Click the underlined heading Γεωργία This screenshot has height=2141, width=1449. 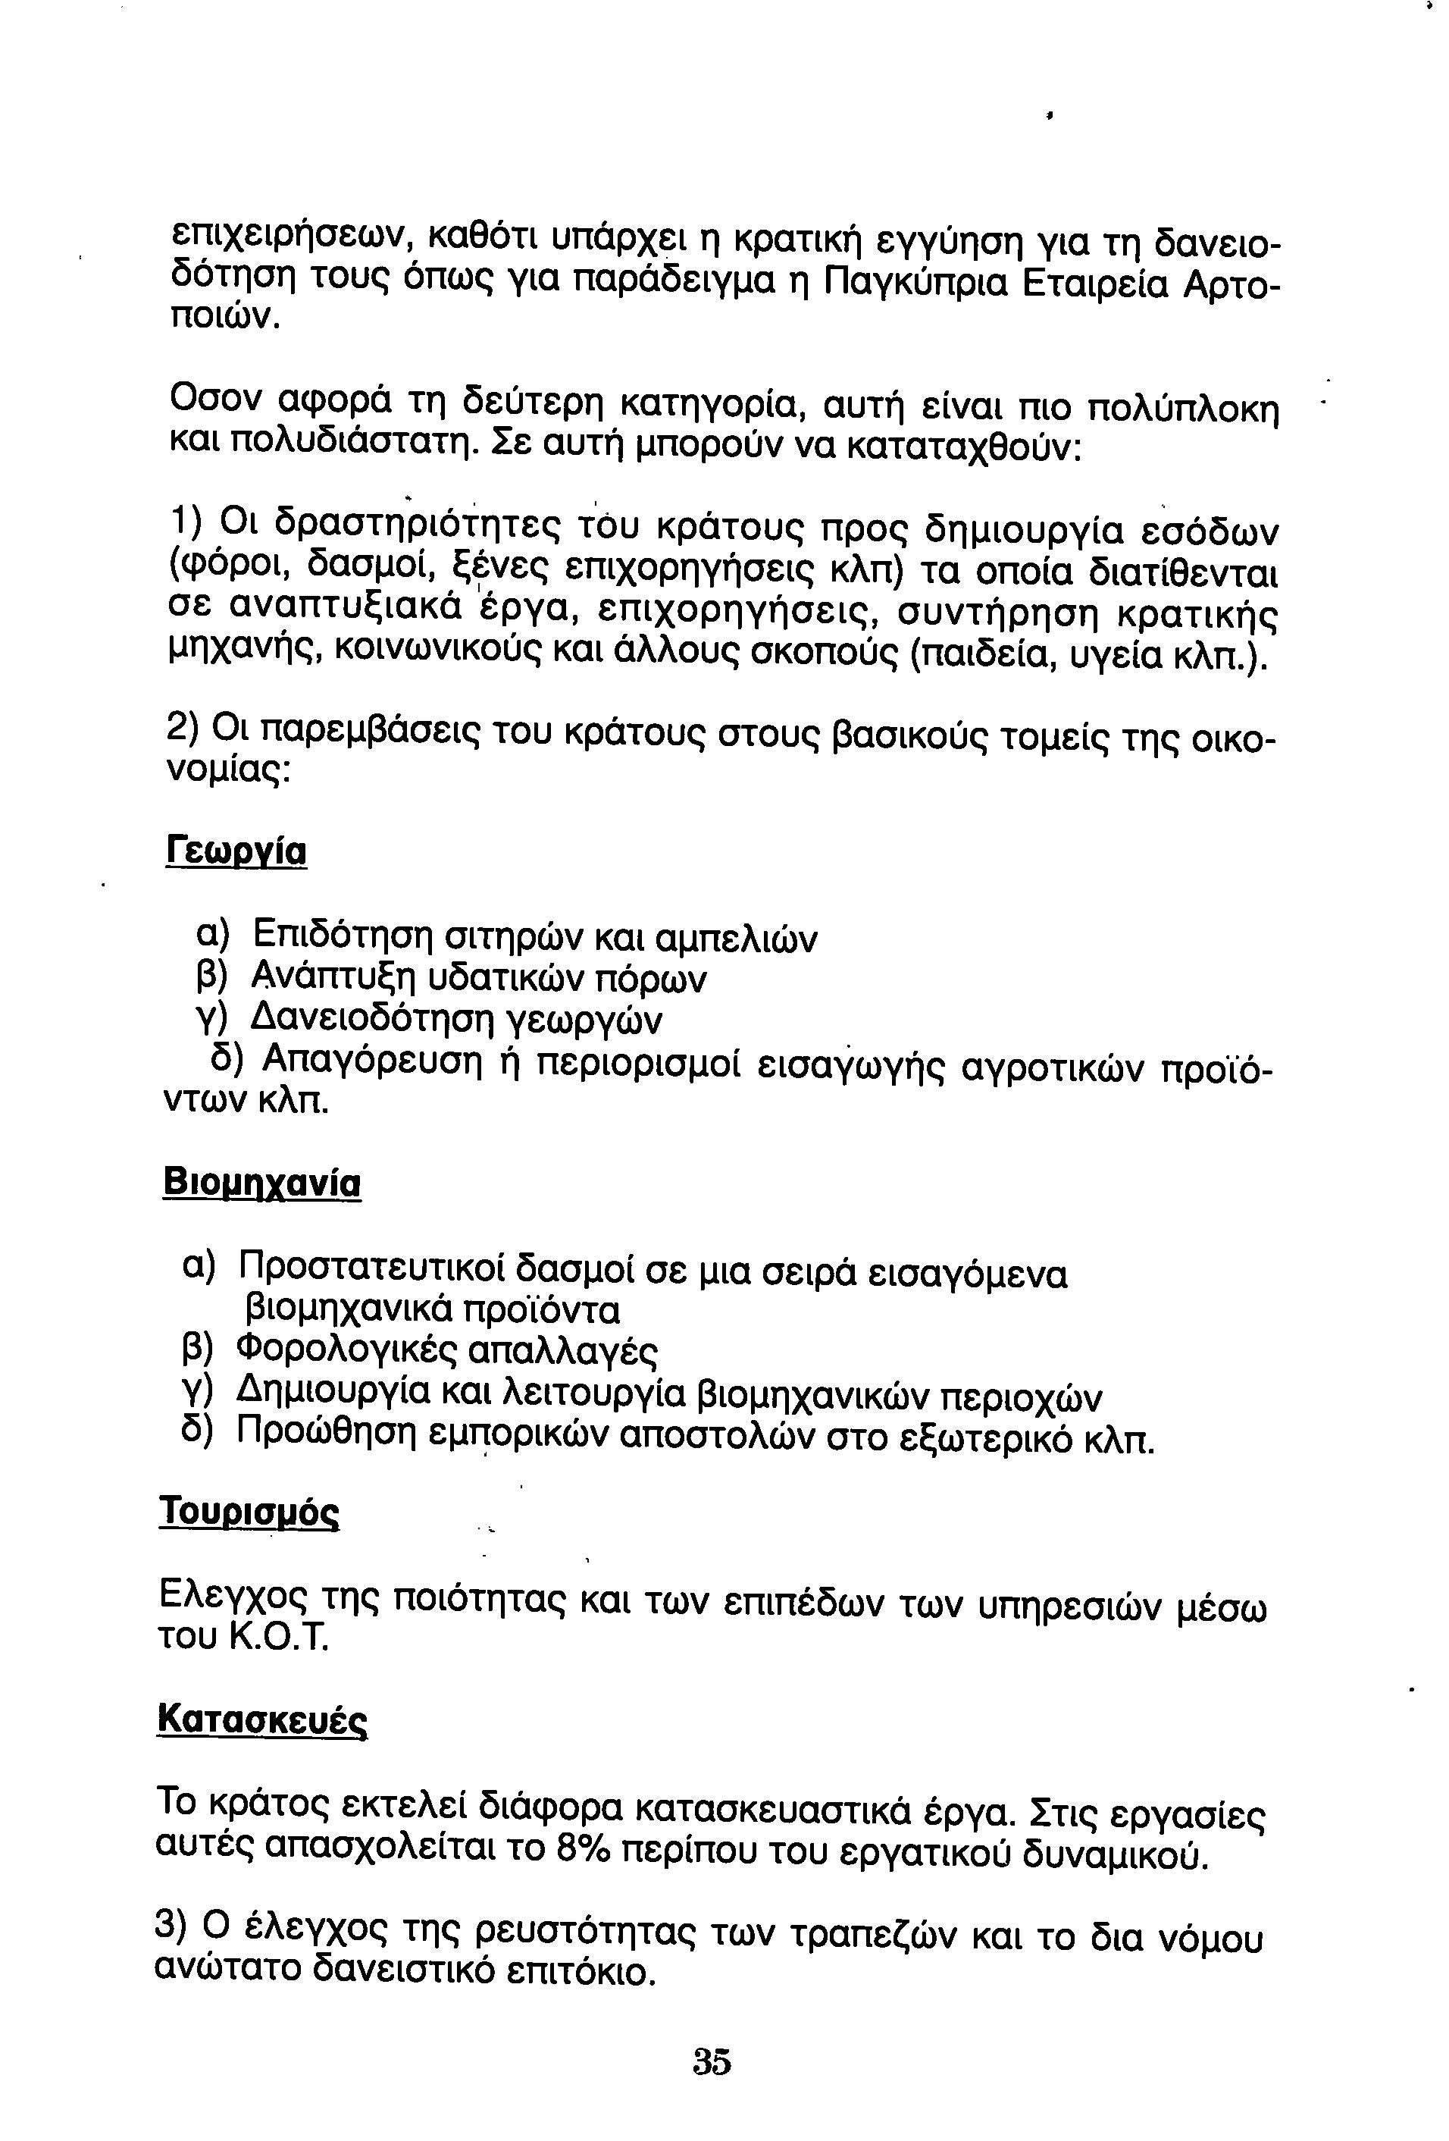[236, 851]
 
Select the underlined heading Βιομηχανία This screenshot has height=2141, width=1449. [261, 1183]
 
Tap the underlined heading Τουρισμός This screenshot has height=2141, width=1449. [249, 1512]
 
